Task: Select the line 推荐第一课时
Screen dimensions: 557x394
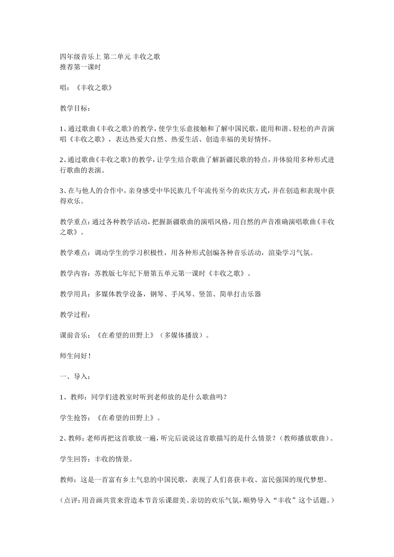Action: (x=80, y=67)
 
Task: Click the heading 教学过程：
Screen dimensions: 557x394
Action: (x=75, y=315)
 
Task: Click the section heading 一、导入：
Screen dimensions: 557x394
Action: (x=75, y=377)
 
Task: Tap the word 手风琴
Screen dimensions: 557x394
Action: (x=181, y=294)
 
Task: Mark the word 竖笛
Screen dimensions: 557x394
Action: (x=206, y=294)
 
